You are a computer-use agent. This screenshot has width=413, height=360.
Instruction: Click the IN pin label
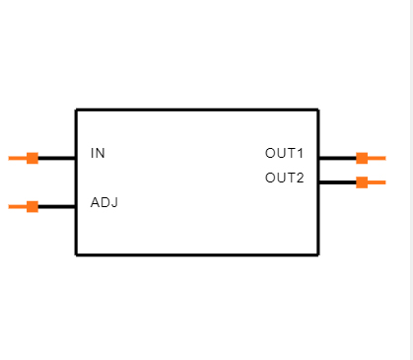(98, 154)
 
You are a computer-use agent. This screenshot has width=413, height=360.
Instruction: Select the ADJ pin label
(104, 202)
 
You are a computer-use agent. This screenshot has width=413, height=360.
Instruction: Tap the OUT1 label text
(284, 154)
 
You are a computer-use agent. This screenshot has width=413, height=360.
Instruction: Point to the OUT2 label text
(284, 179)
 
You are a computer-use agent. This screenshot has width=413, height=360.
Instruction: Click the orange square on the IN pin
(33, 158)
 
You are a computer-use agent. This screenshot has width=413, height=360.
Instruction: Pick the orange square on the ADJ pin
(33, 206)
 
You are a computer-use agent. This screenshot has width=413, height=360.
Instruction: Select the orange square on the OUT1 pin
(362, 158)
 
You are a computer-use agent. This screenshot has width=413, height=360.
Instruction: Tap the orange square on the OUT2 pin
(362, 181)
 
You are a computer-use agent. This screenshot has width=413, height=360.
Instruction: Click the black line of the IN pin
(57, 158)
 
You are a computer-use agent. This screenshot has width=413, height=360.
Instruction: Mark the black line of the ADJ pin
(57, 206)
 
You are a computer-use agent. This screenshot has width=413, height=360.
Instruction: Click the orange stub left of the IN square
(17, 158)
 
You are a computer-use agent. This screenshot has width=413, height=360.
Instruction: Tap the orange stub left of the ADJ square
(17, 206)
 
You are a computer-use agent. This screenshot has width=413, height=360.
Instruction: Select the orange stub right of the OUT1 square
(377, 158)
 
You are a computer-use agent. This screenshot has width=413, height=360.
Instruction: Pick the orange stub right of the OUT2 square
(377, 181)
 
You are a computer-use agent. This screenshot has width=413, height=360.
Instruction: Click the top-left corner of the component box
(76, 109)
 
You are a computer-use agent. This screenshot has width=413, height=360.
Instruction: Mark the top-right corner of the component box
(317, 109)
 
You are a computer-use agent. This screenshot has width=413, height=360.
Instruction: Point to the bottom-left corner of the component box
(76, 254)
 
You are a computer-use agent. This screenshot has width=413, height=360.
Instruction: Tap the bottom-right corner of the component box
(317, 254)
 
